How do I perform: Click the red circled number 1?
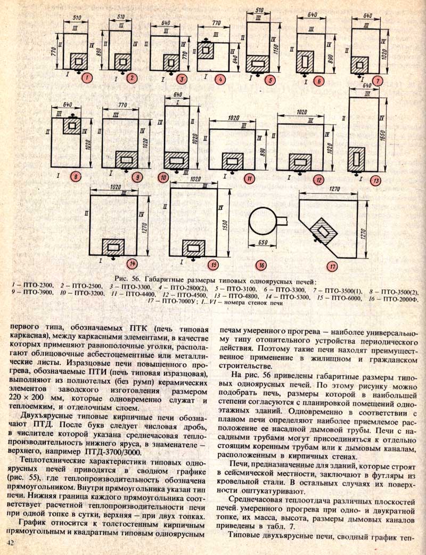(x=87, y=77)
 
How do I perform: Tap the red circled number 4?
(x=220, y=79)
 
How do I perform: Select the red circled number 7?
(x=378, y=81)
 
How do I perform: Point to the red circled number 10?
(x=163, y=178)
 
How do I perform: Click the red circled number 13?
(x=375, y=181)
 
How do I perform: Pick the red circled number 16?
(x=261, y=265)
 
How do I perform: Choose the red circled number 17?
(x=332, y=266)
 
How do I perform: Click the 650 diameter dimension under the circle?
(x=263, y=243)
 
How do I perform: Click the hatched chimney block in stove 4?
(x=206, y=50)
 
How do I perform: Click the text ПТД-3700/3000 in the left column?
(x=113, y=452)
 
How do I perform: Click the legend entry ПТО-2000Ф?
(x=400, y=299)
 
